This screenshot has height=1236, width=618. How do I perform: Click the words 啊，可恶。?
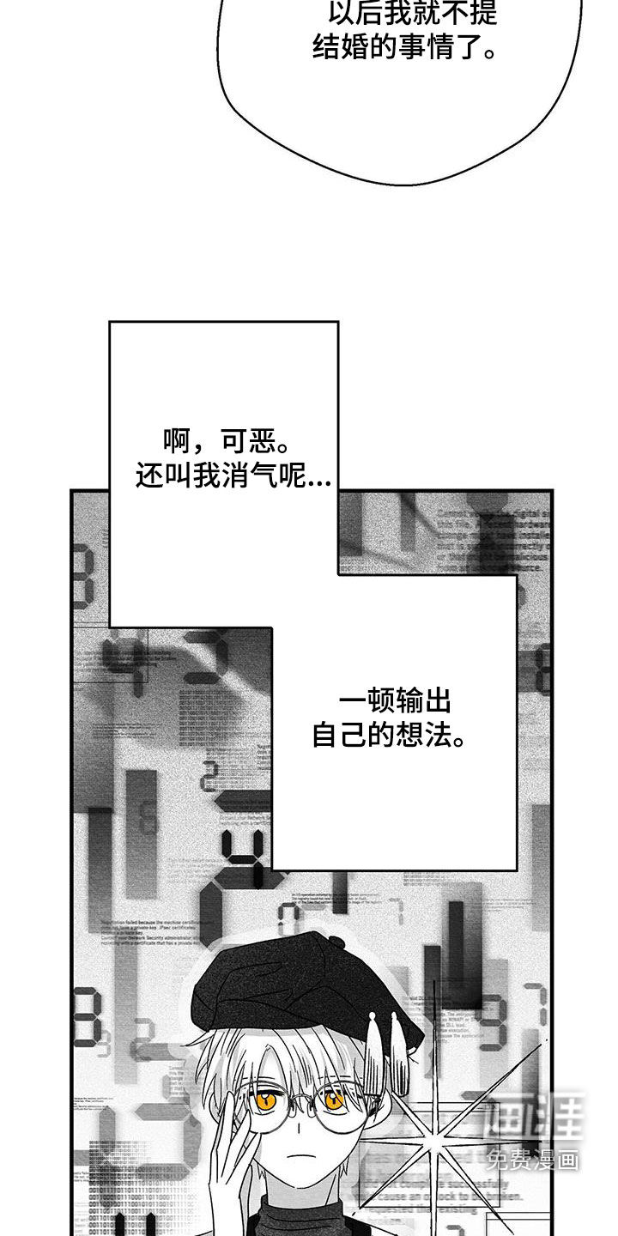[225, 444]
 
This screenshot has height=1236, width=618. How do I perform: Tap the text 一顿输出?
[395, 702]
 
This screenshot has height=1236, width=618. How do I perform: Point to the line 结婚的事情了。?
[403, 47]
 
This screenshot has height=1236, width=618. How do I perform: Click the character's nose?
[300, 1129]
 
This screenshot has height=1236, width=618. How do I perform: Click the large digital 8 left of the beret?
[86, 1017]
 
